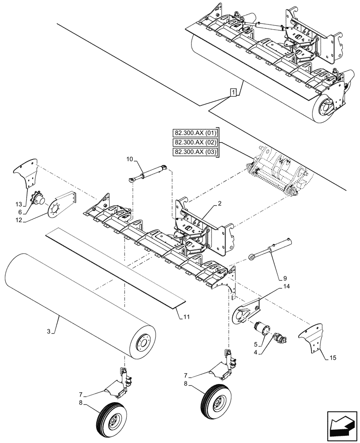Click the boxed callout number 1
pos(233,92)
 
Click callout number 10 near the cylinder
pos(129,159)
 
